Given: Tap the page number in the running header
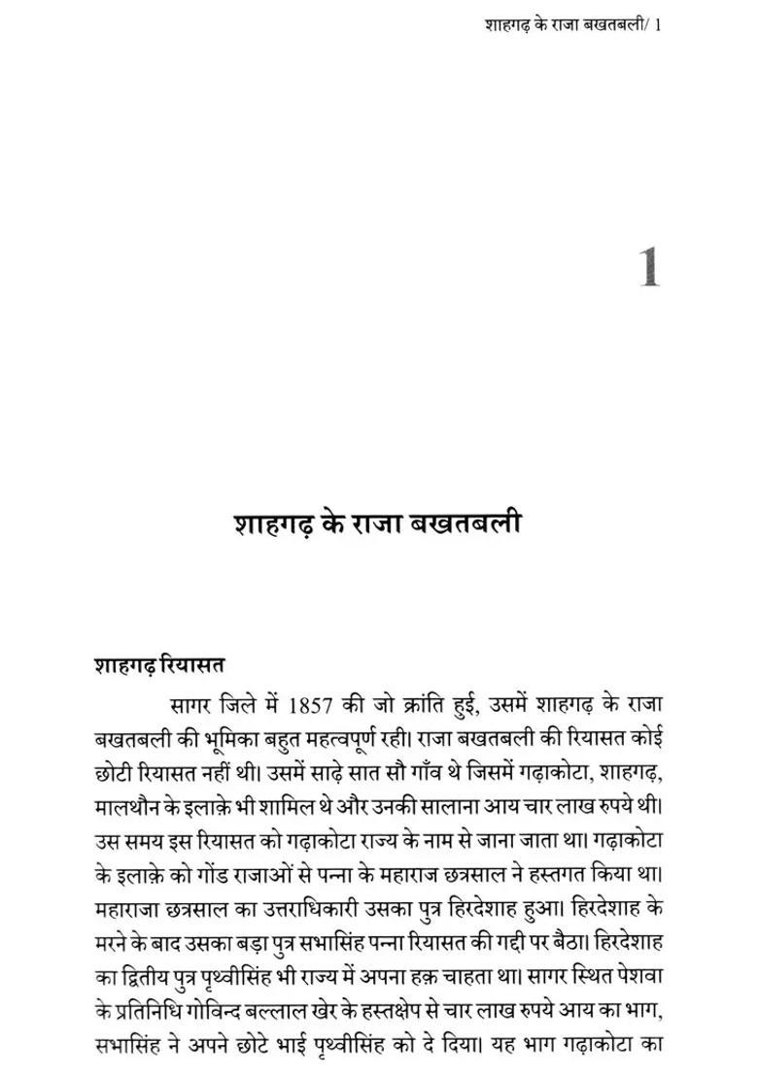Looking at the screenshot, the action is (x=659, y=23).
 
